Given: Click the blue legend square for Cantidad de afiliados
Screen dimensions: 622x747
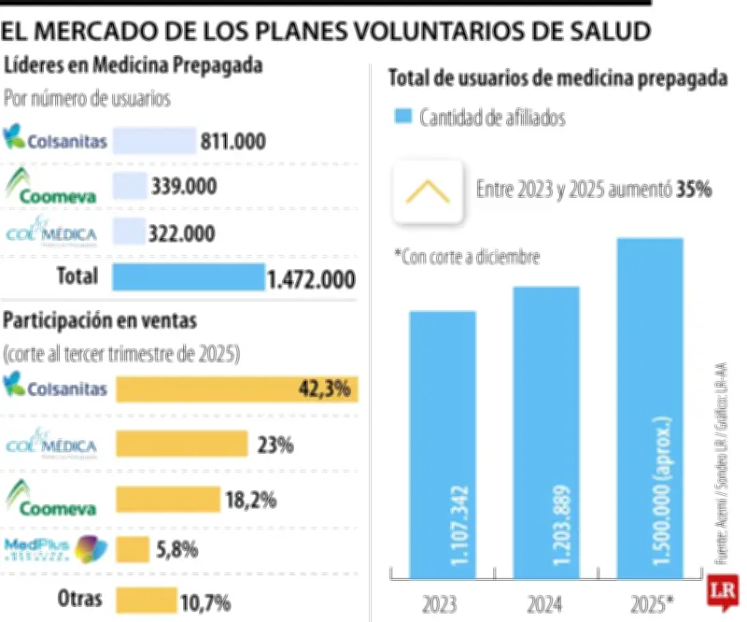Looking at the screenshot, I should [x=402, y=117].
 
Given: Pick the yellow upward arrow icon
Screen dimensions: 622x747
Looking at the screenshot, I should [x=429, y=191].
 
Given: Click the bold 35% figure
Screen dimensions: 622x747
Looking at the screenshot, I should [x=696, y=190].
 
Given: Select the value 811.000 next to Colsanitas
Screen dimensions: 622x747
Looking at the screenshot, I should [x=233, y=142].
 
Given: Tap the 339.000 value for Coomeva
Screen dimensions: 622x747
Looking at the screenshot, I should [x=184, y=187].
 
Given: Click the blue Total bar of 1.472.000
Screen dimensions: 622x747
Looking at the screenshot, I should [x=189, y=277].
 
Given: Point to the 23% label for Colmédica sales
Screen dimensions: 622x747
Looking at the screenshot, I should [x=275, y=445].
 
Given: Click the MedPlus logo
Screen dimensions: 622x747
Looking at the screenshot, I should [x=56, y=548].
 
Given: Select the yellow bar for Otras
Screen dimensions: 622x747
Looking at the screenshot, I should [x=146, y=600].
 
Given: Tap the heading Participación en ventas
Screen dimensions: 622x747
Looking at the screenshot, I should [x=101, y=320].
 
